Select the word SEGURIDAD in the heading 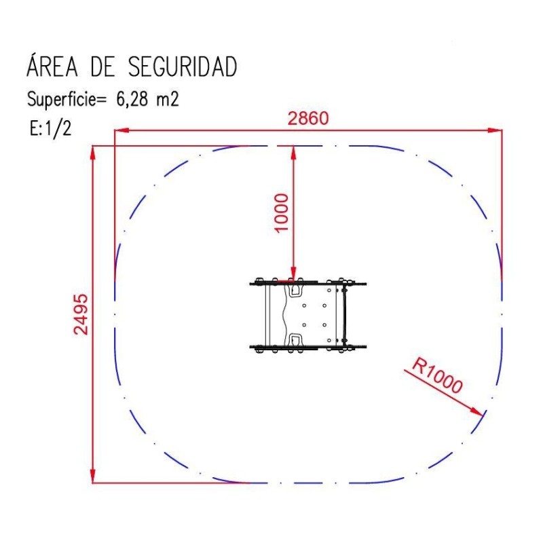tap(183, 67)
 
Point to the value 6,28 tap(132, 99)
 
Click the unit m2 tap(168, 99)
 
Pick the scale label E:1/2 tap(50, 128)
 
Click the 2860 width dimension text tap(308, 118)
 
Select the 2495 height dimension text tap(81, 314)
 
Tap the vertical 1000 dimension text tap(281, 212)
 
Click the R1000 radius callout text tap(437, 376)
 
